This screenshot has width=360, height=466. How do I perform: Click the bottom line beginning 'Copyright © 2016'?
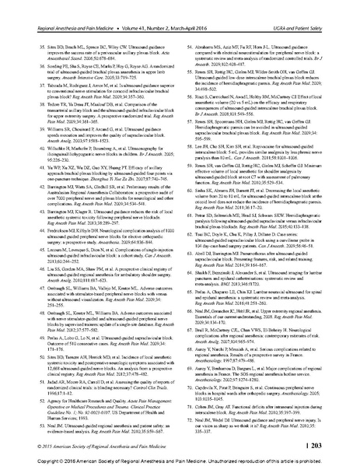pyautogui.click(x=180, y=459)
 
